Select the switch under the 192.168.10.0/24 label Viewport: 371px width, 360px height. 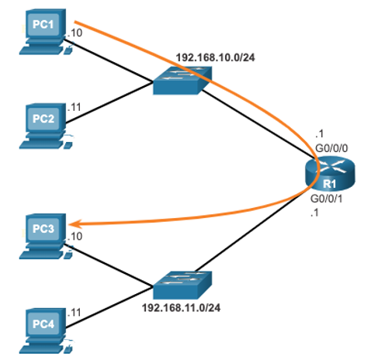(182, 81)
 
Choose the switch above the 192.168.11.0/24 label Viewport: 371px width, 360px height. (182, 285)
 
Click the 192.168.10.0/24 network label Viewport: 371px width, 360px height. (216, 57)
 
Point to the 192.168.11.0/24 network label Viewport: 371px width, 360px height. (181, 308)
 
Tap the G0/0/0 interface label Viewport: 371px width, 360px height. (331, 148)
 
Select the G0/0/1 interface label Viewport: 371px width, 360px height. (327, 199)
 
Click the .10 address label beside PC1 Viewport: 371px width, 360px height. (75, 33)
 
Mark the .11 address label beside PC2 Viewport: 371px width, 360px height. (75, 107)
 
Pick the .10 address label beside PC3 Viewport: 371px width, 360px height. (75, 236)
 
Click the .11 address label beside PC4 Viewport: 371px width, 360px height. (75, 313)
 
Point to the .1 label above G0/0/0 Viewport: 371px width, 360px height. (320, 133)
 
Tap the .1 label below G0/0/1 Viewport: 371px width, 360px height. (314, 213)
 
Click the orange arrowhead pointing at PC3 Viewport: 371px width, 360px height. (75, 224)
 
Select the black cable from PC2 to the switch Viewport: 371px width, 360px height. (109, 102)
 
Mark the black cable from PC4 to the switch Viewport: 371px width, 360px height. (109, 307)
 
